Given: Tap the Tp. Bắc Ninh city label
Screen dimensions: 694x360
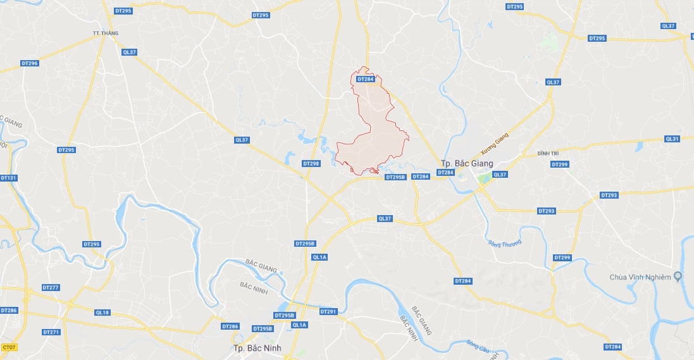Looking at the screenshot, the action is point(257,348).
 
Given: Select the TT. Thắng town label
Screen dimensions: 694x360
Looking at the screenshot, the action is point(105,33).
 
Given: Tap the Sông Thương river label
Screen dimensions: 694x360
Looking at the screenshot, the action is point(505,242).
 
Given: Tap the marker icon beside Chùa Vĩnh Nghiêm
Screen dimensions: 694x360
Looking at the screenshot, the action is point(678,276).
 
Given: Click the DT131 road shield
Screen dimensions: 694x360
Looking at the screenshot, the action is point(8,178).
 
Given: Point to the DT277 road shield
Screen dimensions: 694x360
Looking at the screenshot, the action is point(51,287).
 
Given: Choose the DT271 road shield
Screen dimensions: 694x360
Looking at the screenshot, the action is point(51,332).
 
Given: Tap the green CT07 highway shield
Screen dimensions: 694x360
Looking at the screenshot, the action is point(8,347).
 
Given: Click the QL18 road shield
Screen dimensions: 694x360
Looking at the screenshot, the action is point(102,313).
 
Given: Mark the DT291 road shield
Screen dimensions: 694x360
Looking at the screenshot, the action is point(328,311).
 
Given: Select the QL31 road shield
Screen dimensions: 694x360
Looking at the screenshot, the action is point(672,139).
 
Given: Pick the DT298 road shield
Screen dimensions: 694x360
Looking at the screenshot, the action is point(311,163).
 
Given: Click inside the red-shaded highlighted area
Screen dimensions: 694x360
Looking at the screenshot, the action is point(373,142).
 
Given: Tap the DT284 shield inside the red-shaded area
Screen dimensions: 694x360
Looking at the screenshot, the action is point(366,79).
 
